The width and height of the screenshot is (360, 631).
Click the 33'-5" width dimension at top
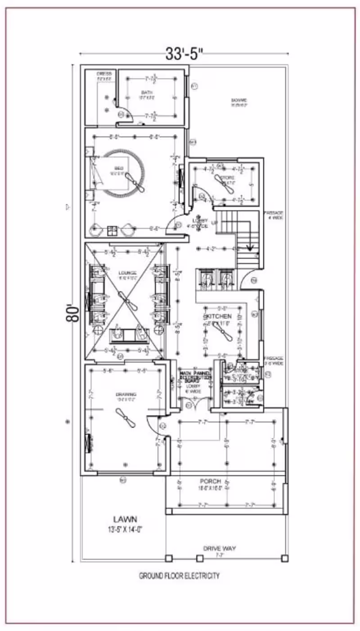pyautogui.click(x=184, y=54)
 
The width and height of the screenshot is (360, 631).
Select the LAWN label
pyautogui.click(x=125, y=519)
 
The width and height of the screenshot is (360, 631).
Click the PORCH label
pyautogui.click(x=211, y=481)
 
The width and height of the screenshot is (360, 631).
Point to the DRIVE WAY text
pyautogui.click(x=220, y=548)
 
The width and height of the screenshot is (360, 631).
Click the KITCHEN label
pyautogui.click(x=218, y=316)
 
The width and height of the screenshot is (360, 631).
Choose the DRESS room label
pyautogui.click(x=104, y=74)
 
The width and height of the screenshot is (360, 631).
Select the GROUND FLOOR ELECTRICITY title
pyautogui.click(x=180, y=576)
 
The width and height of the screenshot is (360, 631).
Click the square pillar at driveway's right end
pyautogui.click(x=284, y=559)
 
